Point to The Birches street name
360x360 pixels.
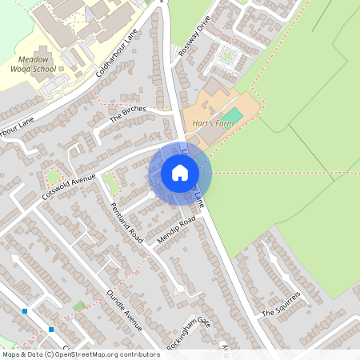click(x=128, y=114)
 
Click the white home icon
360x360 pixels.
click(x=180, y=172)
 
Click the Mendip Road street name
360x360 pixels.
click(x=176, y=230)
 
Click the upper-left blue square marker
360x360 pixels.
click(x=26, y=310)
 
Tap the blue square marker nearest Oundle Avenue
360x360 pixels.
click(x=51, y=329)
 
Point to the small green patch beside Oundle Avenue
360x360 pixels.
click(x=79, y=306)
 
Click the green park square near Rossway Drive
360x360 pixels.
click(x=229, y=56)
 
